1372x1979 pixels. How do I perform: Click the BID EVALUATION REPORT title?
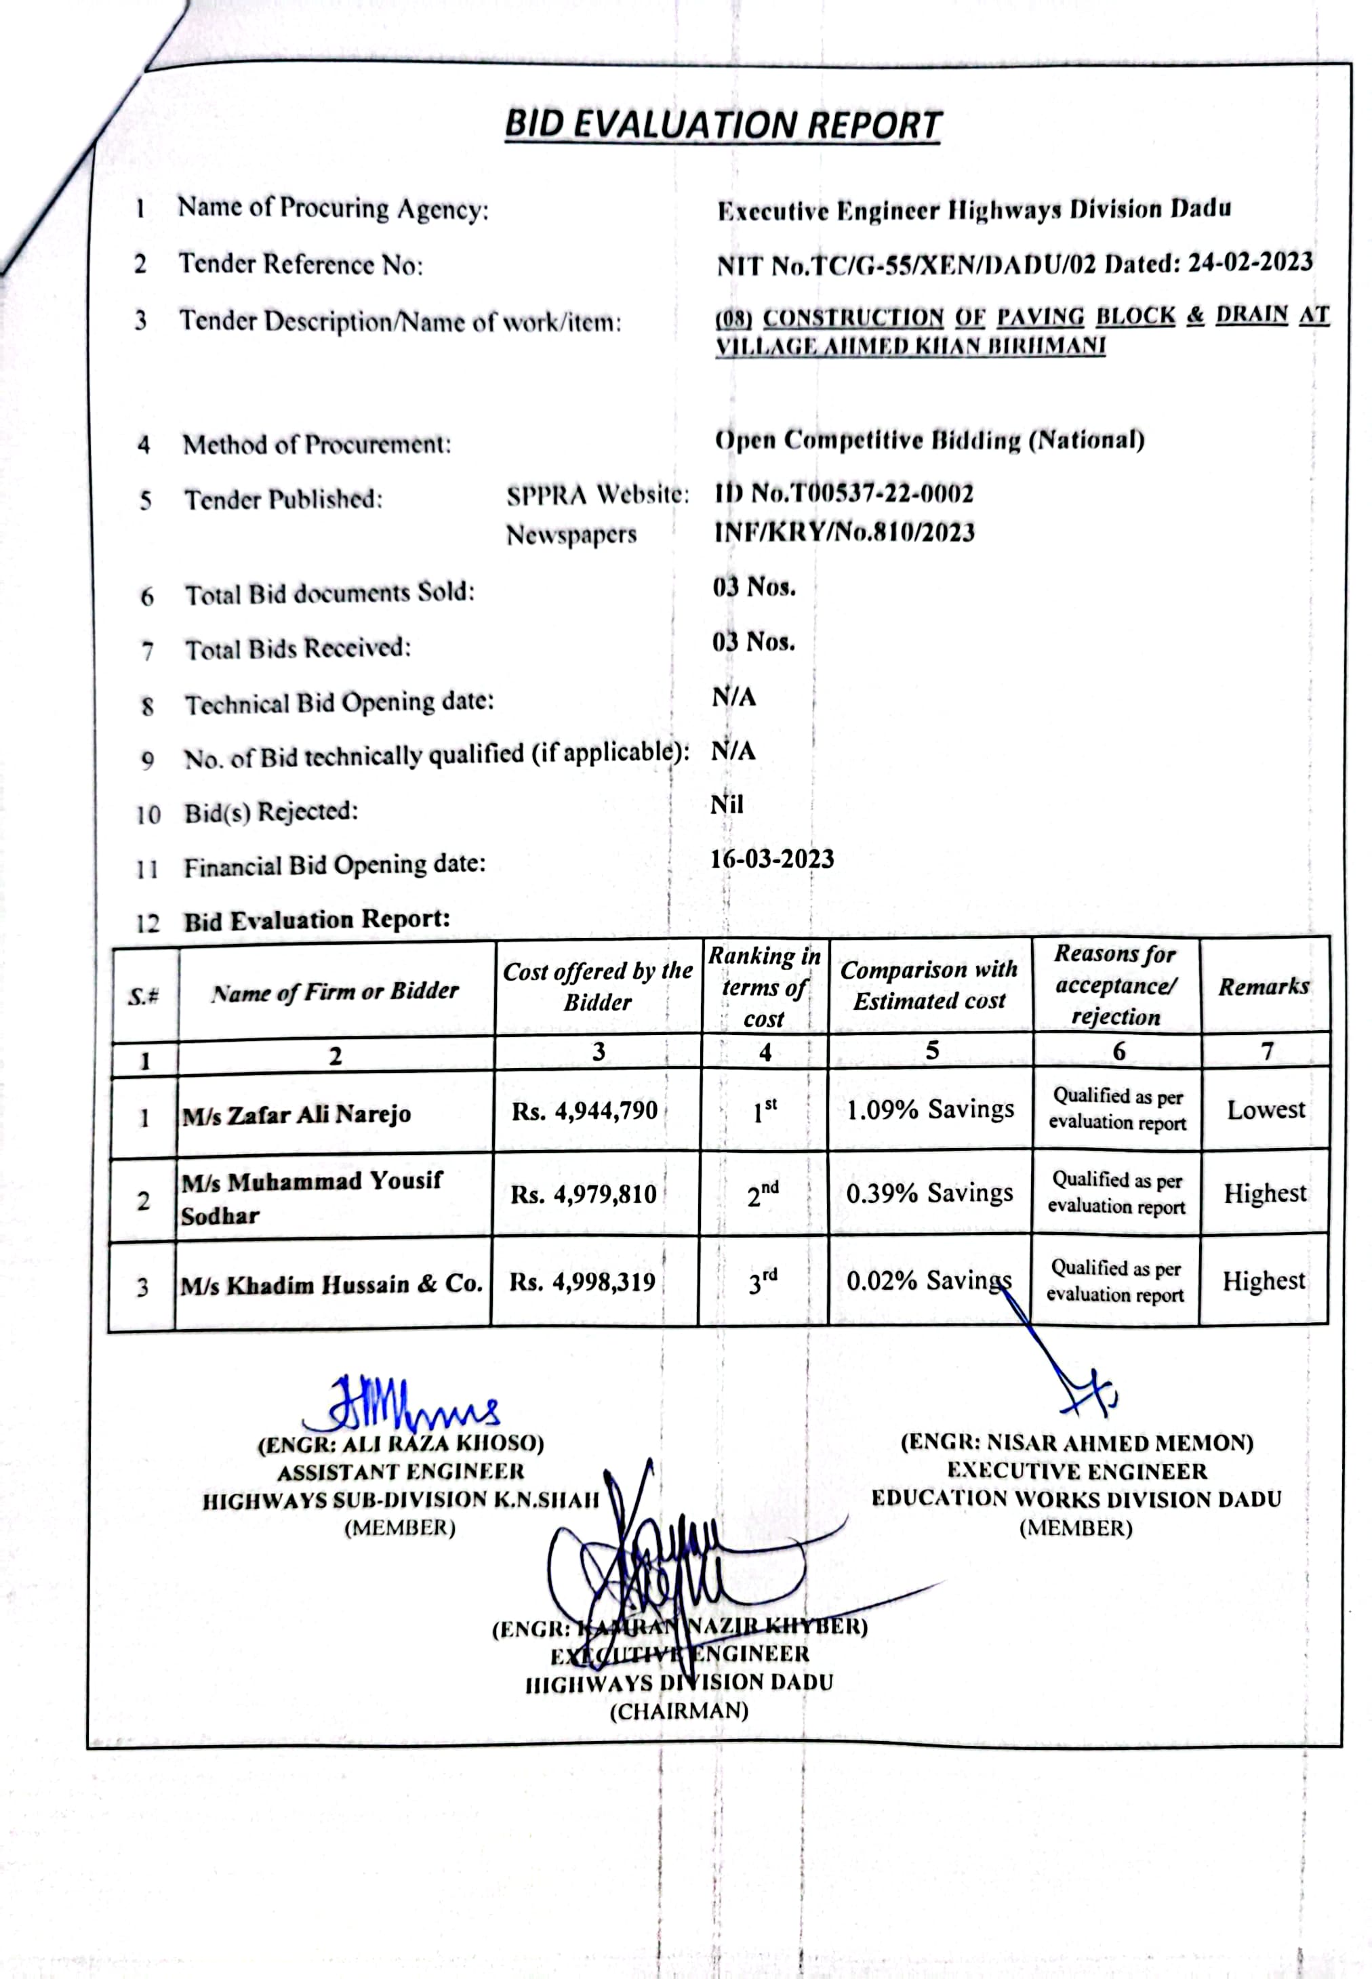click(723, 125)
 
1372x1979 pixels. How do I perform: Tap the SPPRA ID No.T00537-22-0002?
click(843, 493)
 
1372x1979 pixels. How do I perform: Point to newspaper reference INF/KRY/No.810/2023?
click(844, 532)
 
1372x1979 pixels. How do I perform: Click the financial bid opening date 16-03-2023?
click(771, 859)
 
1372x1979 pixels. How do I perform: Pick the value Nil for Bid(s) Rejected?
click(727, 804)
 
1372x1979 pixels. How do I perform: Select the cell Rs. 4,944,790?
click(584, 1111)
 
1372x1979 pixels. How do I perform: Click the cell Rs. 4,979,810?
click(584, 1194)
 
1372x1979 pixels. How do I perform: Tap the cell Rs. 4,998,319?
click(582, 1282)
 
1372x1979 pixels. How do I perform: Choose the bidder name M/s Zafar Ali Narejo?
click(297, 1114)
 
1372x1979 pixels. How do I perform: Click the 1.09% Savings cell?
click(930, 1109)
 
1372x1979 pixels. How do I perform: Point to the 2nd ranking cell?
click(763, 1193)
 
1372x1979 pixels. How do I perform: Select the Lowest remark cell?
click(1266, 1109)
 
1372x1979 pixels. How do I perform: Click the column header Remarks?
click(1264, 987)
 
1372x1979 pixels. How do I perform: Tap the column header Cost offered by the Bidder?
click(597, 987)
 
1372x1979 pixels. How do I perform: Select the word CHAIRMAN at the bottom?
click(679, 1711)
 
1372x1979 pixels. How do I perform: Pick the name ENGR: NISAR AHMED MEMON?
click(1076, 1443)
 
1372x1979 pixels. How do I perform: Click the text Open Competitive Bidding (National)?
click(929, 440)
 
